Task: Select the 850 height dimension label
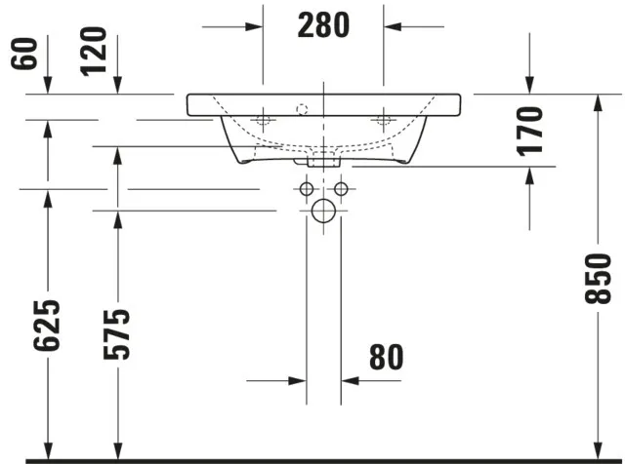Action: (603, 279)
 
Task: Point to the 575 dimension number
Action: (118, 333)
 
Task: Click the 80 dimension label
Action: (386, 358)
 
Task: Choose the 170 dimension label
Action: (529, 131)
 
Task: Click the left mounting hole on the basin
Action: (263, 121)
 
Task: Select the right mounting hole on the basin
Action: (383, 121)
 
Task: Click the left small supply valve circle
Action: (307, 188)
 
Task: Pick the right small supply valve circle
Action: (341, 188)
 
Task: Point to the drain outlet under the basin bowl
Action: (323, 157)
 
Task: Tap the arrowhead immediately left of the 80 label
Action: (350, 379)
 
